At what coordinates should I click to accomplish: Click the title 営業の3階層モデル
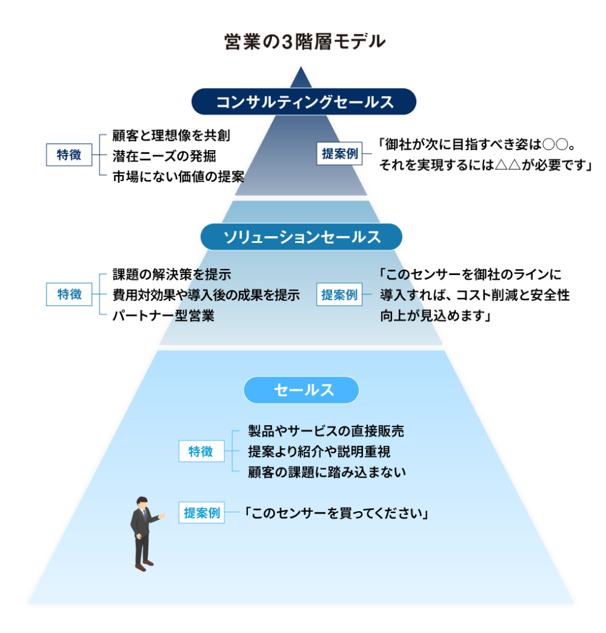pos(304,41)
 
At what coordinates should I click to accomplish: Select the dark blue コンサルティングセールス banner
pos(304,102)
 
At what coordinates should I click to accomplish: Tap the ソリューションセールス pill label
pos(302,237)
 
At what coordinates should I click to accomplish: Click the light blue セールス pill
pos(302,389)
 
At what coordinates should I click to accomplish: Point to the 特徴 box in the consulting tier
pos(69,155)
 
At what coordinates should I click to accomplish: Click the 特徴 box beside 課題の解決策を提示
pos(69,294)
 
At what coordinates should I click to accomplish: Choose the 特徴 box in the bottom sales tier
pos(200,451)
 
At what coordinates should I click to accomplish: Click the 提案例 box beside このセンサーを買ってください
pos(202,513)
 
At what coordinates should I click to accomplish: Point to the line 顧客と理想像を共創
pos(171,135)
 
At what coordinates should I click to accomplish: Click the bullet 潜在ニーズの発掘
pos(163,155)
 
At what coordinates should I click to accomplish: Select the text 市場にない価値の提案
pos(178,176)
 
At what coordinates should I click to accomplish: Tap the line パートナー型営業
pos(163,316)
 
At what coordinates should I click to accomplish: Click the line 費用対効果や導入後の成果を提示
pos(206,295)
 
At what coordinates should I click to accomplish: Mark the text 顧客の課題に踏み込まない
pos(326,472)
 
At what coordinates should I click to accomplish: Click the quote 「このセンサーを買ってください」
pos(337,513)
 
